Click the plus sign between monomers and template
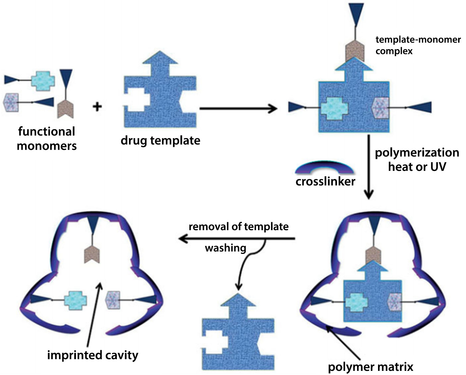click(97, 107)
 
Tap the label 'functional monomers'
click(47, 138)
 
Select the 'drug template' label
click(160, 140)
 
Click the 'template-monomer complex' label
click(418, 45)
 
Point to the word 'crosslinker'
click(325, 181)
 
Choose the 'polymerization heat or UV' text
click(417, 160)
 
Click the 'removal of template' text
click(238, 227)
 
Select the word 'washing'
click(225, 248)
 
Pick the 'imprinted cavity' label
click(93, 355)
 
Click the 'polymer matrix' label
click(370, 367)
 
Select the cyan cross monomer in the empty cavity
click(75, 300)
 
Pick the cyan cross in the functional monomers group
click(43, 80)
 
